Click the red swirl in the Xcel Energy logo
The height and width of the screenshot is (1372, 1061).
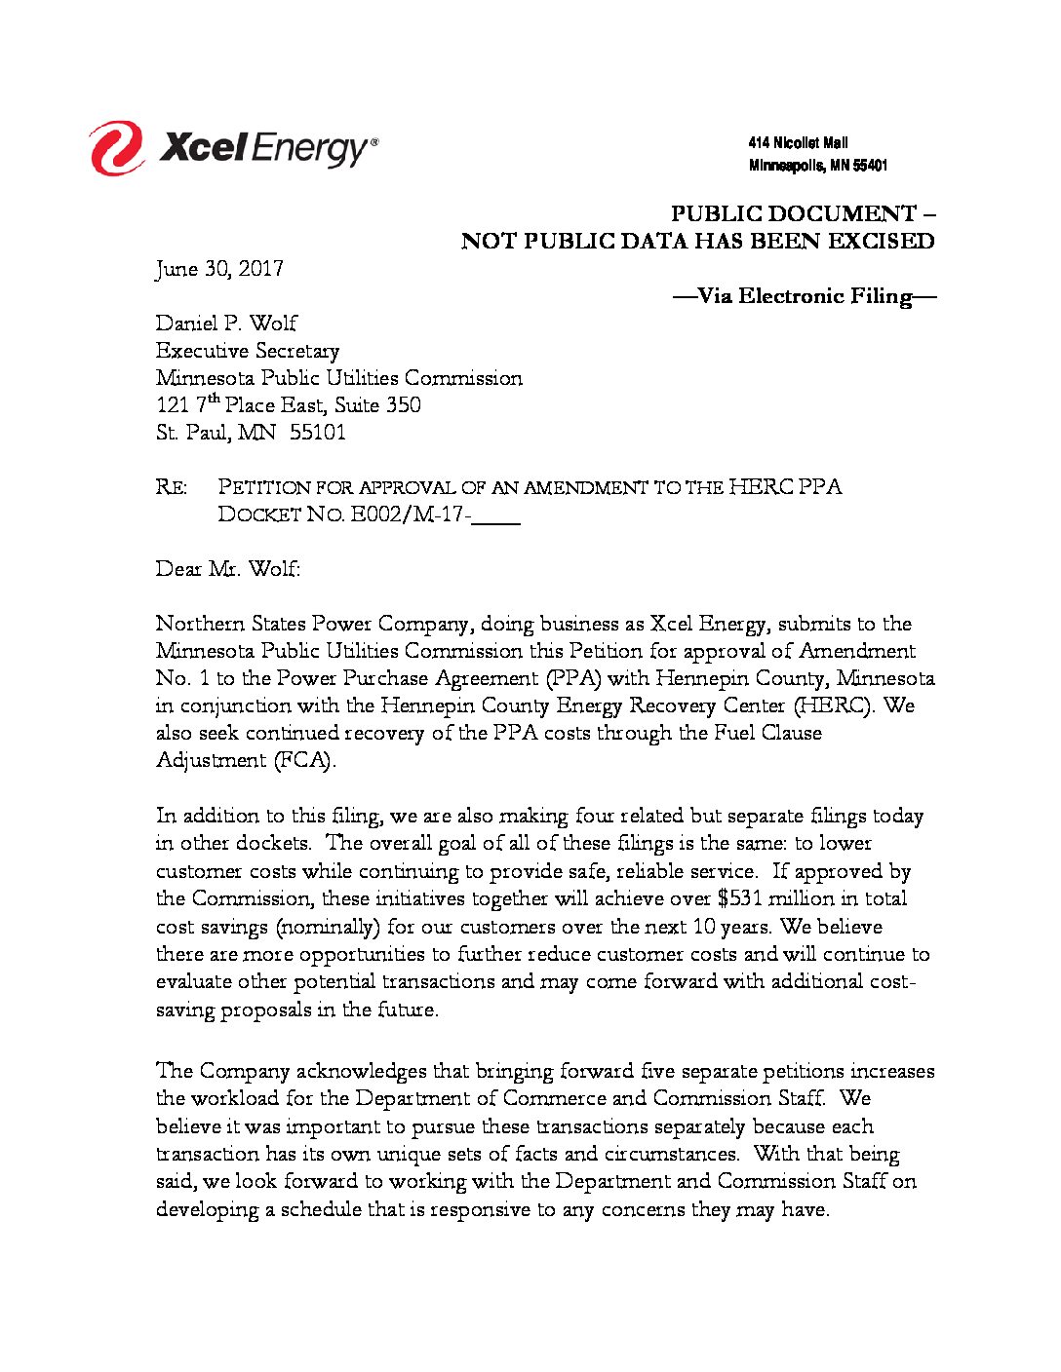pos(116,148)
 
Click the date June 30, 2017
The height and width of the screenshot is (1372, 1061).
pos(219,269)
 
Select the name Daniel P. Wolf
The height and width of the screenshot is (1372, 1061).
pos(226,324)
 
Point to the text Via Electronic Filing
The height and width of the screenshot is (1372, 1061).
pos(805,296)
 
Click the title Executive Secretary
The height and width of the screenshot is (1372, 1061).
pos(248,351)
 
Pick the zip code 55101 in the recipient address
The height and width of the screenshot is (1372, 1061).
pos(318,433)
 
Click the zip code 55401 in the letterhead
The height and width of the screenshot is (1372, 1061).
pos(870,167)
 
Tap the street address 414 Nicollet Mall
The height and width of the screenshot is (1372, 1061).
pos(798,143)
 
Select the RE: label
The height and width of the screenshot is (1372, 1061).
pos(172,487)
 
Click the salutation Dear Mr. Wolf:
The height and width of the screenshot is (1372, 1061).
pos(228,569)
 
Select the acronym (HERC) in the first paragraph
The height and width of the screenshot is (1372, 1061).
pos(835,705)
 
